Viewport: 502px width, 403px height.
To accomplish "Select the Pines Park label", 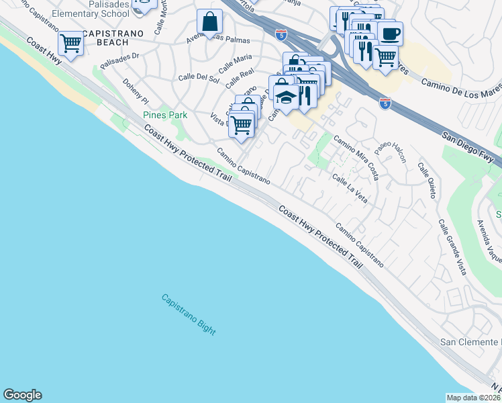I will (x=165, y=115).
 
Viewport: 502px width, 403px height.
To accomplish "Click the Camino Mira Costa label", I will (x=357, y=159).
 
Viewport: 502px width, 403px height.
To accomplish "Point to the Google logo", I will (x=22, y=395).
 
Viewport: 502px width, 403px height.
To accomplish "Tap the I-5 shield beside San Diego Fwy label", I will (x=385, y=103).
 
